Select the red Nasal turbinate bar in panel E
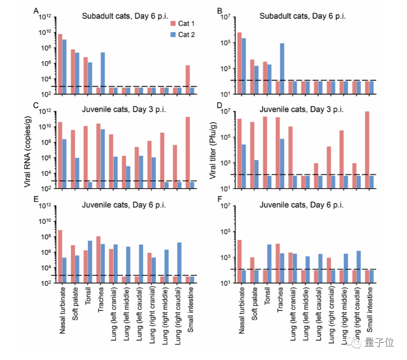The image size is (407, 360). pos(60,256)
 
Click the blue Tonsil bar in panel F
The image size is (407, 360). pos(269,264)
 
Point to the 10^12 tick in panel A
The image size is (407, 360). pos(45,17)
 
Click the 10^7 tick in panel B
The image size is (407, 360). pos(226,17)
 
